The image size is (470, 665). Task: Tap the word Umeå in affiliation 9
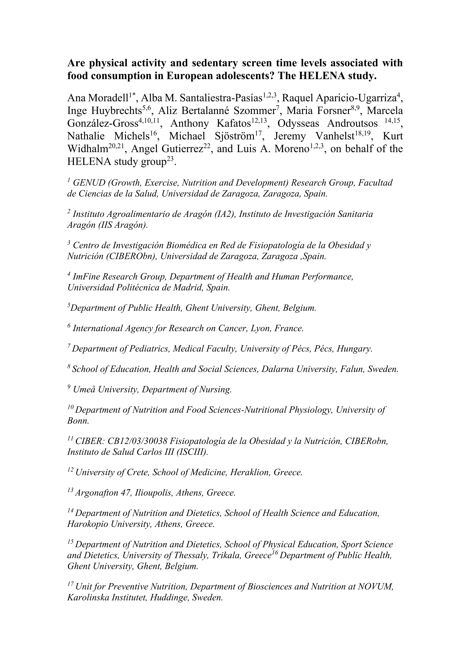click(x=84, y=389)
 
